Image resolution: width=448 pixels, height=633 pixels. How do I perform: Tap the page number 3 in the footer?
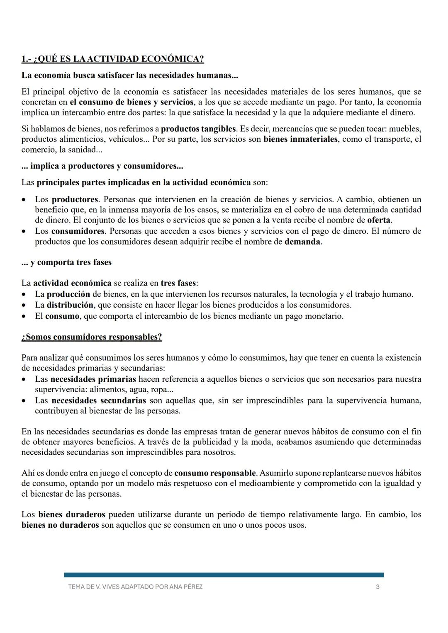[x=377, y=587]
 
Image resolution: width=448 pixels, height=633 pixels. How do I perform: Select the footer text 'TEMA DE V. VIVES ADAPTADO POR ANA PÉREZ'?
[x=135, y=587]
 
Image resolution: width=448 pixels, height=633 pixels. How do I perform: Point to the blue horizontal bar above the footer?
[x=224, y=575]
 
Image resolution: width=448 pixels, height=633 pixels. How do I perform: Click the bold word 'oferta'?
[x=379, y=220]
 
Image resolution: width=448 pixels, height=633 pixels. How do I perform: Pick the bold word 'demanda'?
[x=302, y=242]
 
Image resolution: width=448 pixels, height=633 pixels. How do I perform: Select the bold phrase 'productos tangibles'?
[x=198, y=129]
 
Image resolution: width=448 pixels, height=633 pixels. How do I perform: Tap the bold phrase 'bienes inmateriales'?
[x=300, y=139]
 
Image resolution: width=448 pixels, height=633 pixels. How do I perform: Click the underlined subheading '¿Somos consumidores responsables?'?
[x=92, y=337]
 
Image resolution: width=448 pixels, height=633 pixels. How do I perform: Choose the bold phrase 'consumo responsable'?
[x=215, y=473]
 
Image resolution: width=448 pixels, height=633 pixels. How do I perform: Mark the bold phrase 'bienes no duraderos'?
[x=60, y=525]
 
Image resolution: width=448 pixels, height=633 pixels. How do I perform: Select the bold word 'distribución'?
[x=70, y=305]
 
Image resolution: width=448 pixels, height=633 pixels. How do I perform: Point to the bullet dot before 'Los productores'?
[x=25, y=200]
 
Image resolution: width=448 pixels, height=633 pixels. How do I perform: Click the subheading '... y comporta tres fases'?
[x=66, y=262]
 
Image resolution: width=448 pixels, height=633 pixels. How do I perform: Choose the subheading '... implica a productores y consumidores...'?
[x=102, y=166]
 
